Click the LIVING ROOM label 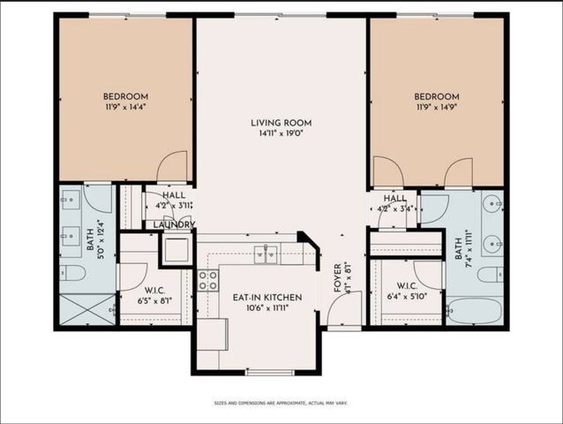coord(281,123)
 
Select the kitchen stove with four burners coord(207,280)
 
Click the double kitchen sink coord(266,254)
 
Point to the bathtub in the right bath coord(474,311)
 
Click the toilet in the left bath coord(71,273)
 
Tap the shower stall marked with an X coord(86,310)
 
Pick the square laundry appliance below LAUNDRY coord(176,249)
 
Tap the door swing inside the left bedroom coord(173,166)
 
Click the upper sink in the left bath coord(70,201)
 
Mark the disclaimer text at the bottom coord(281,403)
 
